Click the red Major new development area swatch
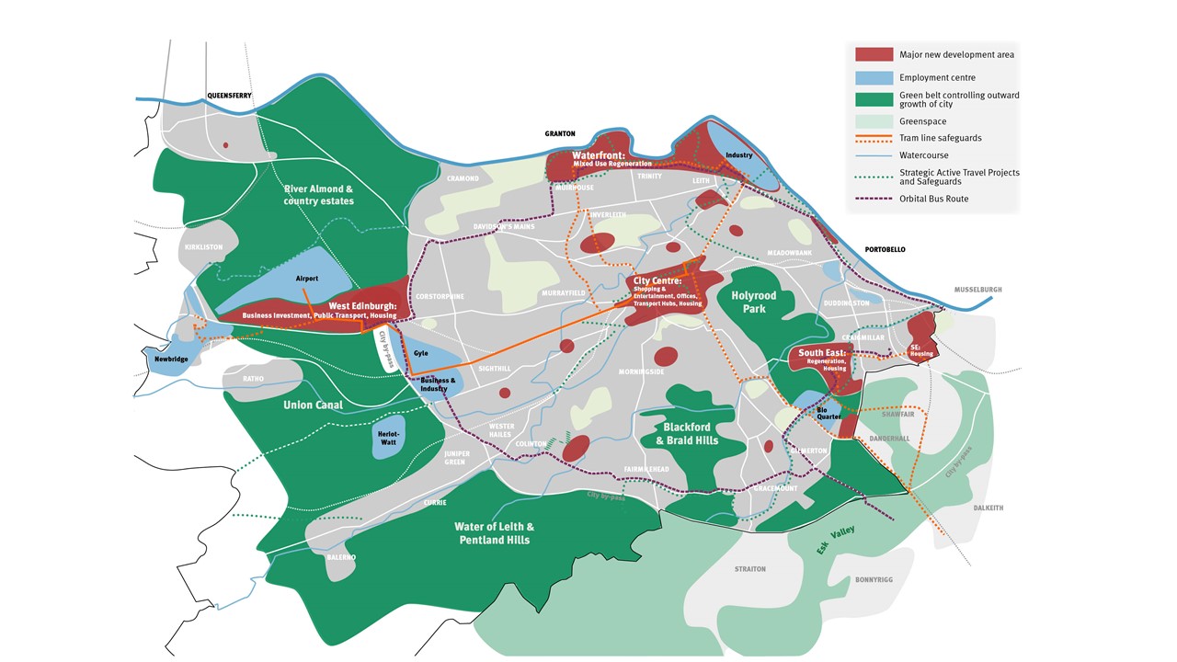(874, 55)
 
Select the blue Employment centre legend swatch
(874, 78)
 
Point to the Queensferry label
(229, 95)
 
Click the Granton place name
(559, 133)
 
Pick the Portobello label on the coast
(885, 249)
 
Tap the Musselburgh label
(977, 290)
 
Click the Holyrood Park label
(754, 302)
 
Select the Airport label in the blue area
(306, 278)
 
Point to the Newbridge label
(171, 359)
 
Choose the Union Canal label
(313, 405)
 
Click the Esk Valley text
(836, 542)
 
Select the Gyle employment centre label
(421, 352)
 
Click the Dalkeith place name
(988, 508)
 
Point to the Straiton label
(750, 569)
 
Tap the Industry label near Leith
(738, 155)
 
